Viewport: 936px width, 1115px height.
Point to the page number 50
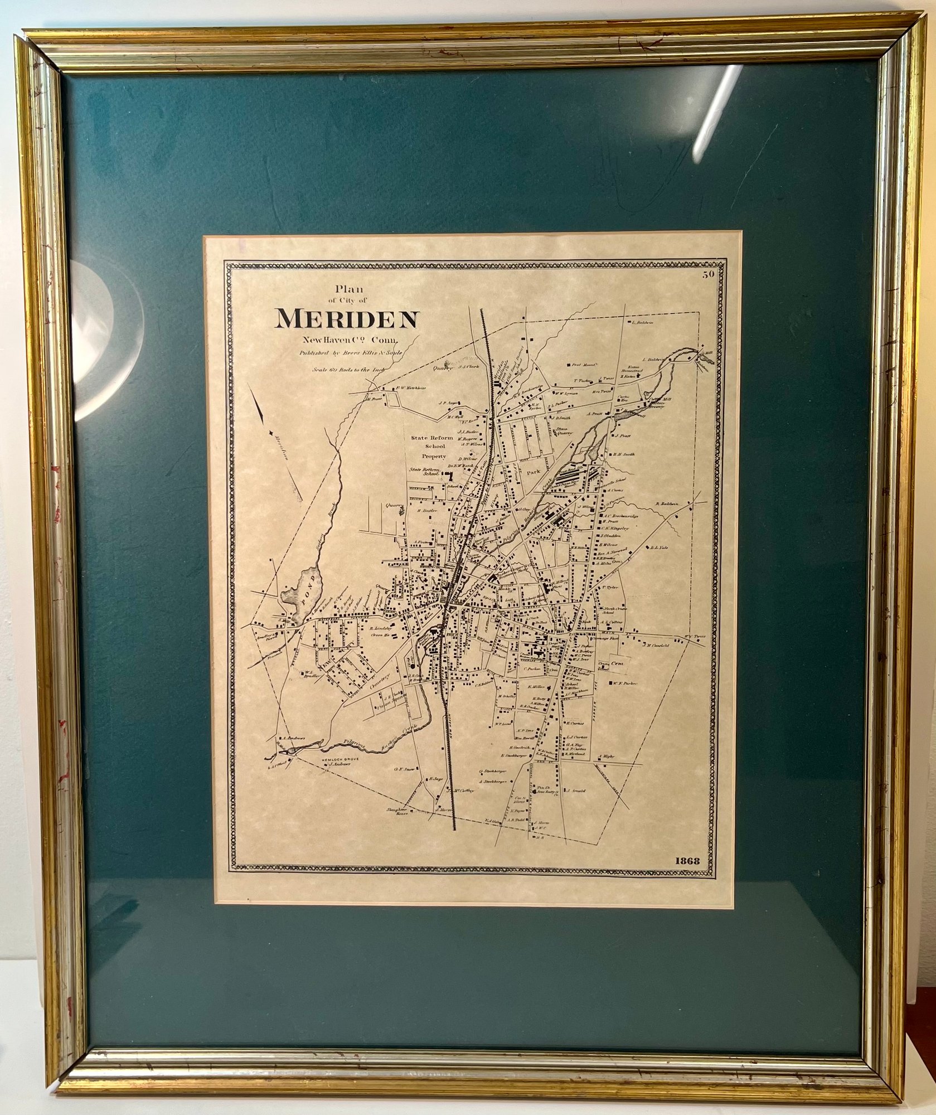[x=708, y=274]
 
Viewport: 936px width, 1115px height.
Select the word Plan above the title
[x=348, y=289]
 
